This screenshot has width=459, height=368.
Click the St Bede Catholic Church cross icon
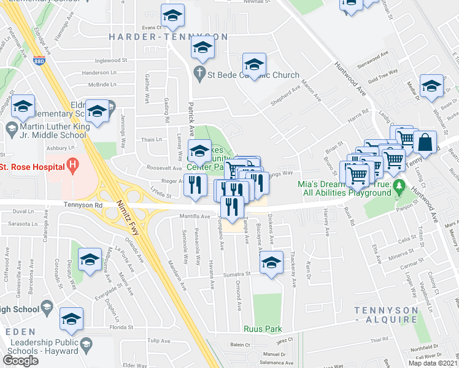[199, 75]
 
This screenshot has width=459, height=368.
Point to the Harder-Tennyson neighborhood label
[168, 37]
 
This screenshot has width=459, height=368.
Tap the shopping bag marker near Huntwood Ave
[425, 143]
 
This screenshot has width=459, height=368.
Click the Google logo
[20, 361]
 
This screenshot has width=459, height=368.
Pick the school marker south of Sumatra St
[271, 263]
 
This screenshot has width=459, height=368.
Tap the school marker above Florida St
[72, 319]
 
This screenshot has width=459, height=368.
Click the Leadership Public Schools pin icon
[85, 344]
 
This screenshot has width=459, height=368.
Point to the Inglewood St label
[110, 61]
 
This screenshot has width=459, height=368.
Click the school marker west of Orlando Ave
[90, 260]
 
